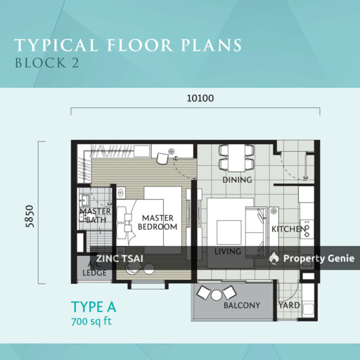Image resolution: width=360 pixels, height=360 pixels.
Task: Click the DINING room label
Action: tap(237, 180)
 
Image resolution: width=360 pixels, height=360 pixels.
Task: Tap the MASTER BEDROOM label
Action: tap(157, 222)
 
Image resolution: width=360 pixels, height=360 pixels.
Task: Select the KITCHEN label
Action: tap(289, 229)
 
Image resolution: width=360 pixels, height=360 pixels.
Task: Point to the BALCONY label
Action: tap(242, 305)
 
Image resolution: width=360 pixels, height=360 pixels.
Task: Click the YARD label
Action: tap(289, 305)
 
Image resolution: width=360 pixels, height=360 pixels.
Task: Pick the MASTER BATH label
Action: tap(95, 216)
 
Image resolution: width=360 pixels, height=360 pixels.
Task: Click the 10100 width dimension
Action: tap(200, 98)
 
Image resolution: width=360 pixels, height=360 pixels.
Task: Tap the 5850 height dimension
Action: tap(30, 216)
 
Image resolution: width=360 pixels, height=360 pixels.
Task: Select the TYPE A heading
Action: tap(94, 307)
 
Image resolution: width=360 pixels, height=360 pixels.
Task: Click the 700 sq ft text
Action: tap(91, 321)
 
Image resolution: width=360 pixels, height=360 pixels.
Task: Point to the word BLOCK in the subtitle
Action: tap(40, 63)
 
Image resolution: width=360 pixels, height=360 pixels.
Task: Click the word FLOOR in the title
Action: tap(139, 45)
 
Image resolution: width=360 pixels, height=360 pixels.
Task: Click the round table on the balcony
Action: tap(217, 295)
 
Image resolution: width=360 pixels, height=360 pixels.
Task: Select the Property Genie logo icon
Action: tap(274, 258)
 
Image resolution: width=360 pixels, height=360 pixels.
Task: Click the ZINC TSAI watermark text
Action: tap(120, 259)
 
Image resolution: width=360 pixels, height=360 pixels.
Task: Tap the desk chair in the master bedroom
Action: tap(162, 159)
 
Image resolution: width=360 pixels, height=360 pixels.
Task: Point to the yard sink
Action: tap(308, 309)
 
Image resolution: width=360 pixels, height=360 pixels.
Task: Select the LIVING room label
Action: tap(228, 252)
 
